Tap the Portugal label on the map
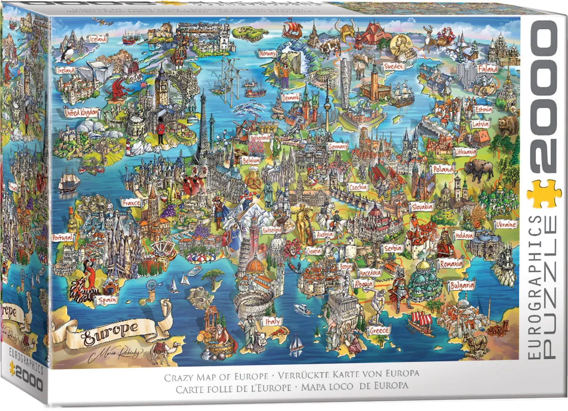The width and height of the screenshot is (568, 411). [x=62, y=237]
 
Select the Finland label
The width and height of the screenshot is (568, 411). [x=488, y=69]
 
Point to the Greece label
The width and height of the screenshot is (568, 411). [x=379, y=330]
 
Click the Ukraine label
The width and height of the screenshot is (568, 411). [x=506, y=224]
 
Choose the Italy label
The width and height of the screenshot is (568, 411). [x=273, y=322]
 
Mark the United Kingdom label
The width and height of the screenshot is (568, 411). [x=82, y=113]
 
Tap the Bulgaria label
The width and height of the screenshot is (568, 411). [x=462, y=286]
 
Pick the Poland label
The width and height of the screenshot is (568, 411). [x=443, y=169]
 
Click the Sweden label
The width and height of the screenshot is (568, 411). [x=393, y=67]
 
